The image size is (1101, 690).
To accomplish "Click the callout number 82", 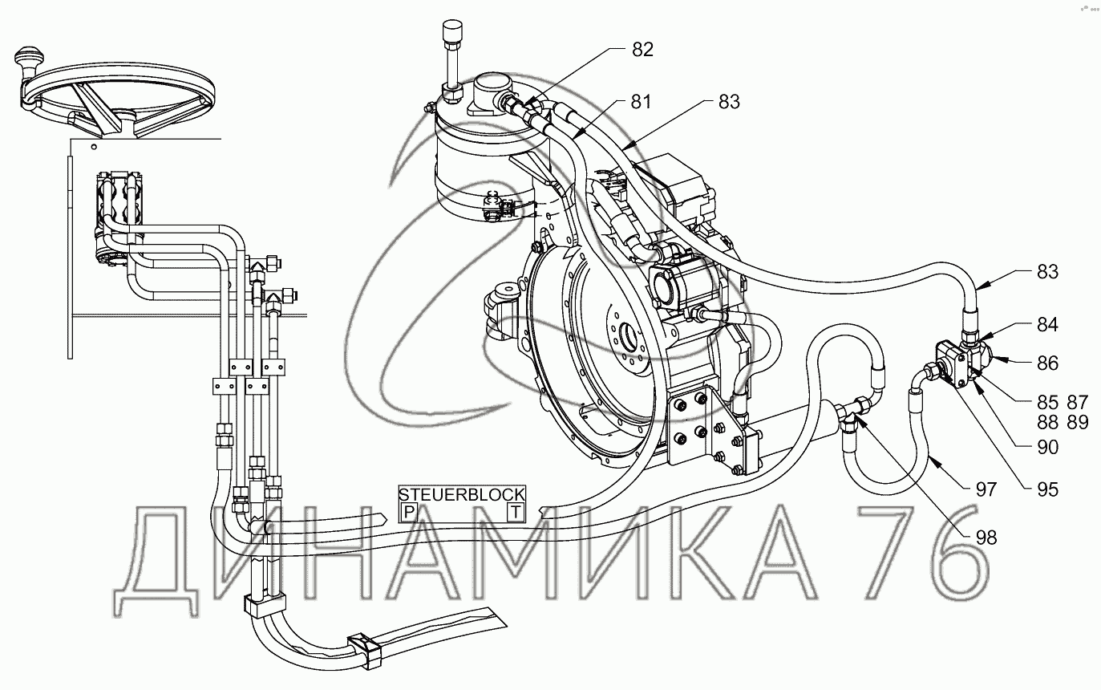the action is click(642, 50).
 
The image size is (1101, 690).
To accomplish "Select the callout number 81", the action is click(641, 102).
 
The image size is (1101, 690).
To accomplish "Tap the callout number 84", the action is click(1047, 325).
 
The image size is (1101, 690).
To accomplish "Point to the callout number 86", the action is click(1047, 363).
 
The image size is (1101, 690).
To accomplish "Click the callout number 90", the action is click(1047, 448).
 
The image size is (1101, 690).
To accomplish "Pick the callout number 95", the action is click(1047, 490).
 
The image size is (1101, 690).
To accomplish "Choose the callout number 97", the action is click(986, 490).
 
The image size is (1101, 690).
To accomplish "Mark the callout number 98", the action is click(986, 538).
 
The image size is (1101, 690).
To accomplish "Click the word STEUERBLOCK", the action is click(462, 494).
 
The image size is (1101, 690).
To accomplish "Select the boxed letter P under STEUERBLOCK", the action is click(408, 513).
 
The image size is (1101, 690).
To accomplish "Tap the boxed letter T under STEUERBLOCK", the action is click(516, 513).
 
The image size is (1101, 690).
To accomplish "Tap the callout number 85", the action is click(1047, 403).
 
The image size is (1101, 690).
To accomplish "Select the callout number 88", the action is click(1047, 423).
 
